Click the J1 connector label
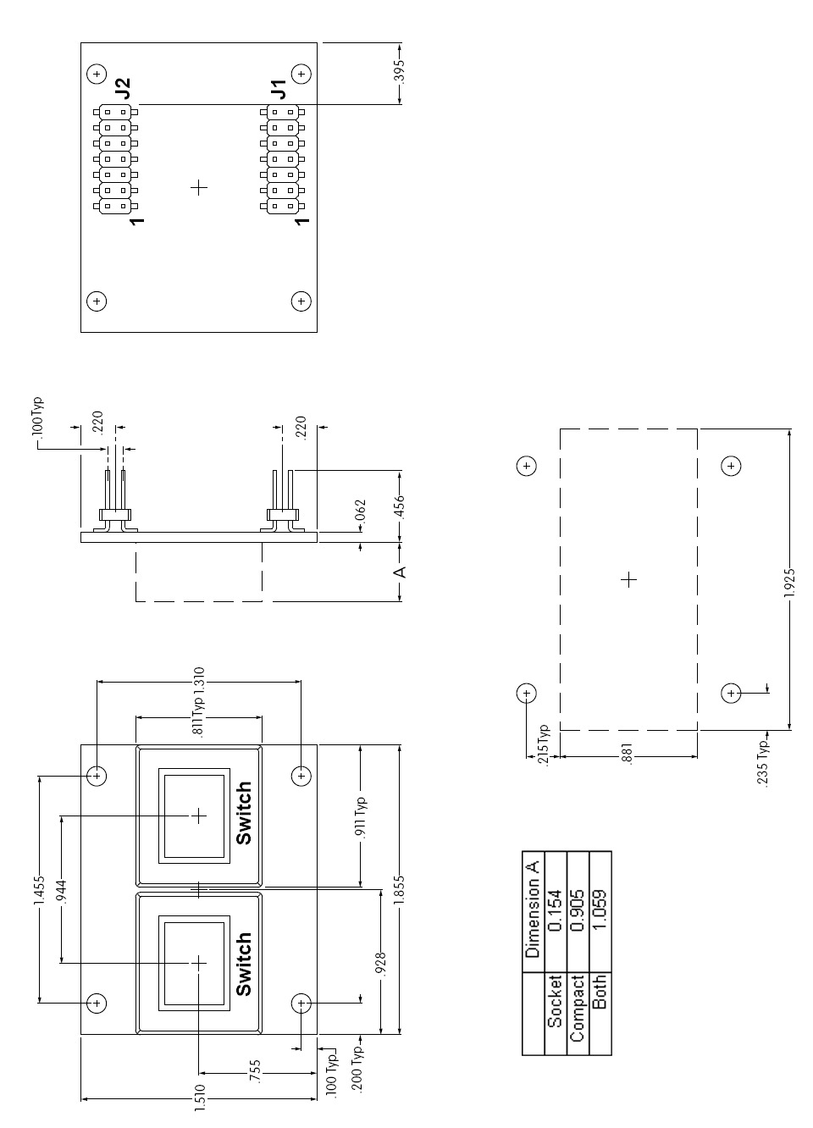[x=278, y=88]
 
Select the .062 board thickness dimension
[x=361, y=510]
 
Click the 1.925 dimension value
[x=790, y=583]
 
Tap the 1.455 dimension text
[x=39, y=890]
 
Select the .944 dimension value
[x=62, y=890]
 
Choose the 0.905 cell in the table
[x=578, y=910]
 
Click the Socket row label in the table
[x=555, y=1001]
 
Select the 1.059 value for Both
[x=600, y=910]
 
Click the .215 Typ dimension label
[x=543, y=744]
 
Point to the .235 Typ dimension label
[x=762, y=762]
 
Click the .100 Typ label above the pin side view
[x=38, y=416]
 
